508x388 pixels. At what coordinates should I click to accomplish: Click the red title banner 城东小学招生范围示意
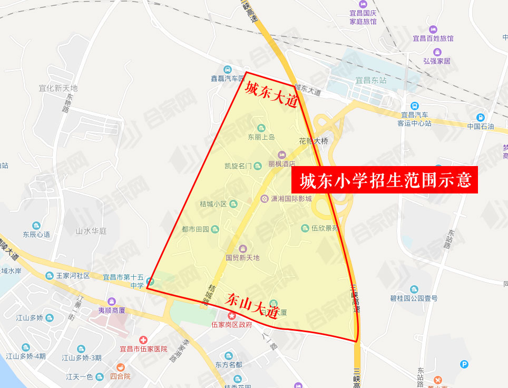[x=384, y=180]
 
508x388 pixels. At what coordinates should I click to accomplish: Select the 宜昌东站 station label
[x=371, y=81]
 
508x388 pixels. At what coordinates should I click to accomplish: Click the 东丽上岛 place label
[x=261, y=137]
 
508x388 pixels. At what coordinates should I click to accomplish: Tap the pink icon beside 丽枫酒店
[x=282, y=154]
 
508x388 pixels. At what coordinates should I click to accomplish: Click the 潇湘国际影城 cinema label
[x=291, y=199]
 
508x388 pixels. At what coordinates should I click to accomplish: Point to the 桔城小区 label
[x=213, y=204]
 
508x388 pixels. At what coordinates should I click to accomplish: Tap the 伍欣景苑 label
[x=325, y=228]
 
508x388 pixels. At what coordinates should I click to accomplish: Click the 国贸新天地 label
[x=242, y=258]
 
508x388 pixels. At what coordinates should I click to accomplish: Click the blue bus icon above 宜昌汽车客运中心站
[x=415, y=105]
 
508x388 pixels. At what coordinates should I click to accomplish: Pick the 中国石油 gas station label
[x=481, y=127]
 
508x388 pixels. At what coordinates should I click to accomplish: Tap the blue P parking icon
[x=464, y=364]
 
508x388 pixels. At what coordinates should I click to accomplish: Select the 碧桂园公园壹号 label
[x=414, y=298]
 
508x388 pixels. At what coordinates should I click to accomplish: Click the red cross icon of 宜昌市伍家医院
[x=143, y=339]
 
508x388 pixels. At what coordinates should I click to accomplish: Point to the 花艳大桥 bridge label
[x=314, y=141]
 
